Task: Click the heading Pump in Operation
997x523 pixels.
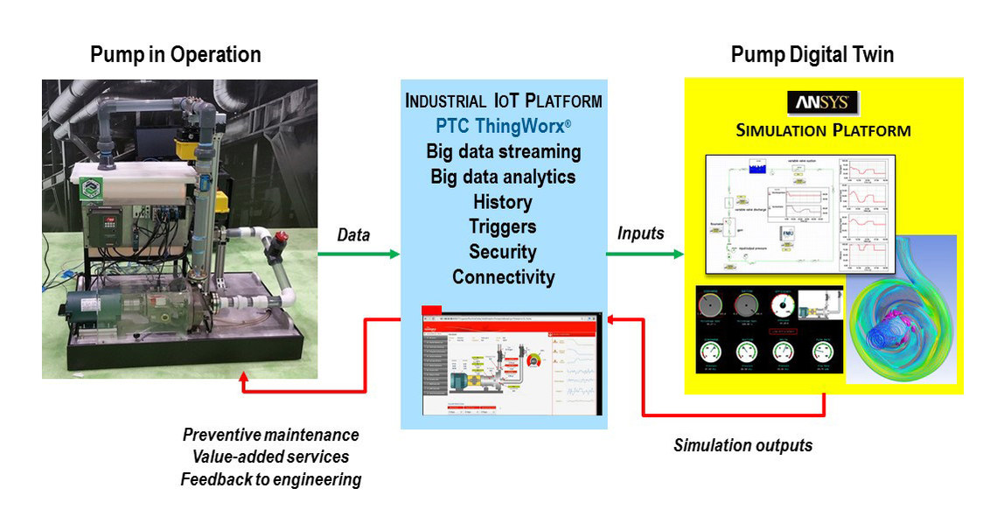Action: point(175,54)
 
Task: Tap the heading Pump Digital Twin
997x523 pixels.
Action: point(812,54)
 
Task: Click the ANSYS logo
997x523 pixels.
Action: point(823,102)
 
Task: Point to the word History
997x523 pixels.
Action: point(503,202)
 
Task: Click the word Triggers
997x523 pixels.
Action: point(503,227)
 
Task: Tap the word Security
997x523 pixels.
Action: point(503,252)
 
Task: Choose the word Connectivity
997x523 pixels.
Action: point(503,277)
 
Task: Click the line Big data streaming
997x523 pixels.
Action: point(503,151)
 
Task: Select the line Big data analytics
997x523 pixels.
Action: point(503,177)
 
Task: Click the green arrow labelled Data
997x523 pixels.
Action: point(359,255)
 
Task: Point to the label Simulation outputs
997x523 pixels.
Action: point(743,445)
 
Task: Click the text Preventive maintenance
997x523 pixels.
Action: point(270,435)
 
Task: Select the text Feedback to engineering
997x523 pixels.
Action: point(270,479)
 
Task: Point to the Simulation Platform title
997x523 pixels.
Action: point(823,131)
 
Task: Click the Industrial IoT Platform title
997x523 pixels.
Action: point(503,101)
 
